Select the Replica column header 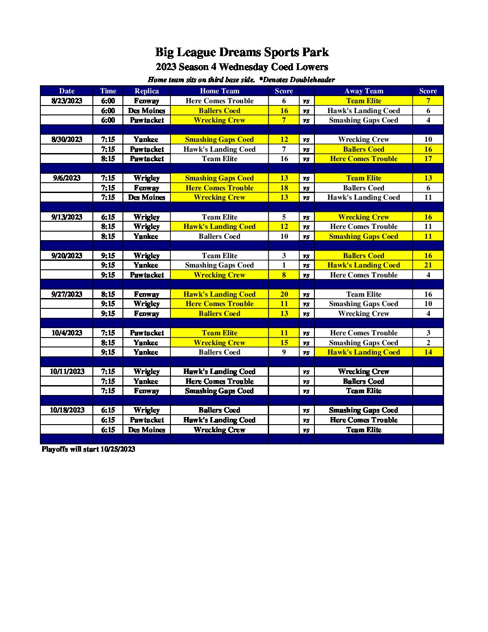147,91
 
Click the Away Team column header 363,91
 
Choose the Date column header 67,91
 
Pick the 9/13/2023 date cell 67,217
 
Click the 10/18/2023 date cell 67,410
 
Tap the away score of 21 428,265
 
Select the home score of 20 284,294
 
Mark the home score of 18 284,188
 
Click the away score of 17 428,158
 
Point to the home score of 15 284,342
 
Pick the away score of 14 428,352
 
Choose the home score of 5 284,217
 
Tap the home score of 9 284,352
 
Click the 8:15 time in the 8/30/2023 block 108,158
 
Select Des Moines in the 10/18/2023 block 147,430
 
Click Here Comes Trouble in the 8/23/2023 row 219,101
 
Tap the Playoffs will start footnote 88,449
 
